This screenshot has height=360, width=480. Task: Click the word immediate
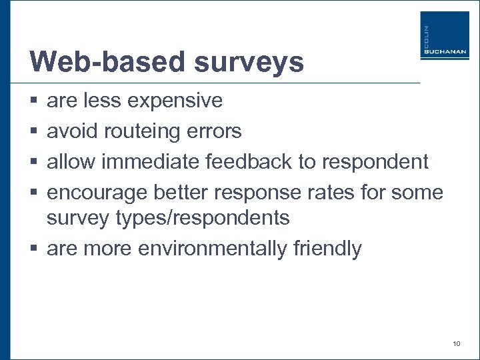point(153,162)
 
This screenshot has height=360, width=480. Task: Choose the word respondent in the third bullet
point(375,162)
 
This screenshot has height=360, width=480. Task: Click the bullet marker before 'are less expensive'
point(33,101)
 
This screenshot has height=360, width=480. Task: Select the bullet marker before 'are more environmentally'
point(33,249)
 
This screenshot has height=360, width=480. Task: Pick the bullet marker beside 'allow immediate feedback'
point(33,162)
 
